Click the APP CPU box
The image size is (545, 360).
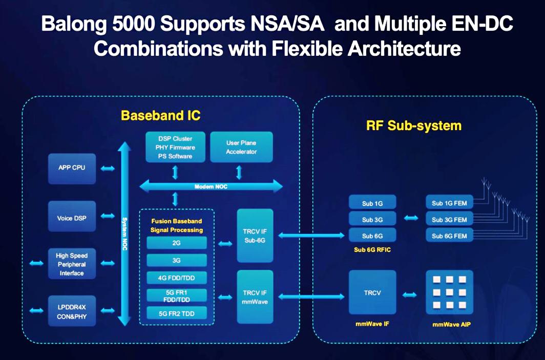(x=72, y=168)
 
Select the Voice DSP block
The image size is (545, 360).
(x=72, y=218)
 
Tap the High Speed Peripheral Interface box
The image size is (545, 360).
(x=72, y=264)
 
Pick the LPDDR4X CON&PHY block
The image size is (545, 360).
(x=72, y=311)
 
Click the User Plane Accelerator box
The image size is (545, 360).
(x=241, y=147)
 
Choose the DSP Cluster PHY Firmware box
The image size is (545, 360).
(x=175, y=147)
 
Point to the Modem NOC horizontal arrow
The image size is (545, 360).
(x=211, y=187)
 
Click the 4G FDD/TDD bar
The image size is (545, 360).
(x=177, y=278)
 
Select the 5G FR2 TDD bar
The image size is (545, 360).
(x=177, y=313)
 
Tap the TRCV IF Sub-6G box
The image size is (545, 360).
(x=255, y=235)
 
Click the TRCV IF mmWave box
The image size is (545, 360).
(x=255, y=297)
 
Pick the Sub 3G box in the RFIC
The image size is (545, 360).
(x=372, y=220)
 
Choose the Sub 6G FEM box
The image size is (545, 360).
(x=449, y=236)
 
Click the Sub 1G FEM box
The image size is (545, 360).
(x=449, y=203)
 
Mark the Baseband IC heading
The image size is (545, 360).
(x=160, y=116)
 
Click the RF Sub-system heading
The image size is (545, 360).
(x=414, y=125)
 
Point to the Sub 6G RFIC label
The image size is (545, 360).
(x=372, y=249)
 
